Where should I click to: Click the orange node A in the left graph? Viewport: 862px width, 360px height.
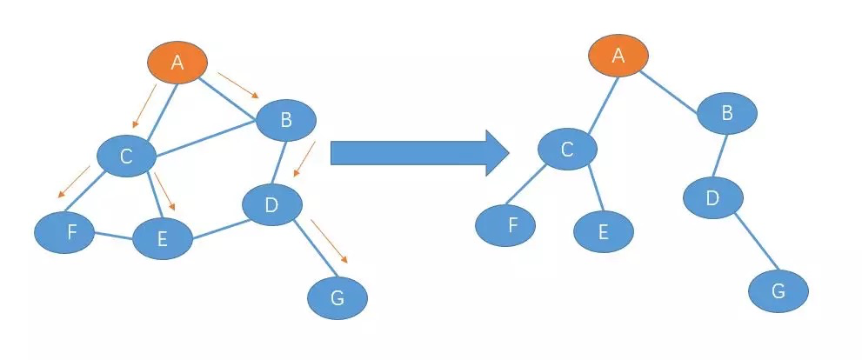click(x=177, y=62)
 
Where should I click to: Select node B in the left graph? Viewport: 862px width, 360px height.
click(x=285, y=120)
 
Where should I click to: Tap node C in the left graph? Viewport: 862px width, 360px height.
click(x=126, y=157)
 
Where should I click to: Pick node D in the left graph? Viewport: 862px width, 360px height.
click(x=271, y=205)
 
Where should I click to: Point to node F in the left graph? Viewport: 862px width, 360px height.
click(x=64, y=232)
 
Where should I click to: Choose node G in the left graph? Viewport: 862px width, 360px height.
click(x=337, y=298)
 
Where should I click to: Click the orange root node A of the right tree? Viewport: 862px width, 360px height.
click(x=618, y=56)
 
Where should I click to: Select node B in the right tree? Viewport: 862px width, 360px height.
click(x=727, y=112)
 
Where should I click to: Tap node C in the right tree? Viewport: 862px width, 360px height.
click(x=567, y=150)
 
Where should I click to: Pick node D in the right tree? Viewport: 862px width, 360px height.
click(x=712, y=198)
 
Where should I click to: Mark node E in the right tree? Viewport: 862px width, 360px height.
click(x=604, y=231)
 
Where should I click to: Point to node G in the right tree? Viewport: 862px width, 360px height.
click(x=778, y=291)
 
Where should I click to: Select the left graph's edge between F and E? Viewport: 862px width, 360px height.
click(x=113, y=236)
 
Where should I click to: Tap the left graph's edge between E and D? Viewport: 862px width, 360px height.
click(x=217, y=227)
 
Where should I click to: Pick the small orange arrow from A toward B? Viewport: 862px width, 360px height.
click(x=237, y=85)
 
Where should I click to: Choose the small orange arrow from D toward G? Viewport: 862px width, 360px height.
click(x=329, y=241)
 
